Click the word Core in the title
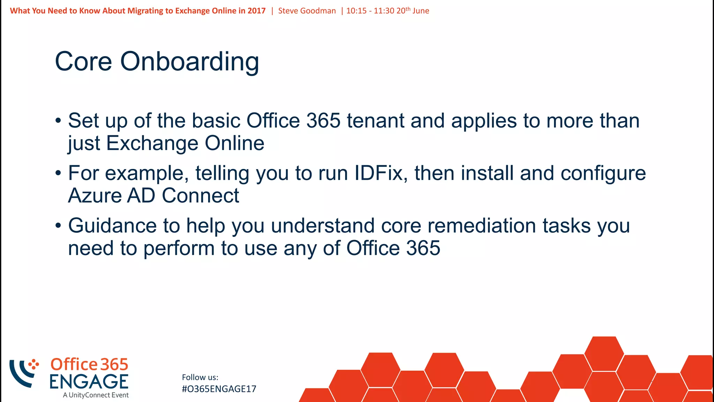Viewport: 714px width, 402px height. click(x=83, y=62)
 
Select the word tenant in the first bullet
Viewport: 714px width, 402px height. click(x=375, y=121)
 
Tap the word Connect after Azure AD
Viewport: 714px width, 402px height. click(x=200, y=195)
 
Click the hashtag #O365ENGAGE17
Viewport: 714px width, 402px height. click(x=219, y=389)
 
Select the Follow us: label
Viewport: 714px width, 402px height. click(x=200, y=377)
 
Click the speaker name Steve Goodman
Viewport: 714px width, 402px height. click(x=307, y=11)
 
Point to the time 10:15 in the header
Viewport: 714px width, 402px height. click(x=356, y=11)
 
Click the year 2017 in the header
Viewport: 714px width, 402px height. click(x=257, y=11)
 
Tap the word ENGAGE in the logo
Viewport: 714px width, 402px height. click(x=89, y=381)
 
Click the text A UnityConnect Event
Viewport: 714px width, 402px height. click(x=96, y=395)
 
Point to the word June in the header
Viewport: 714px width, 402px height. click(x=421, y=11)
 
